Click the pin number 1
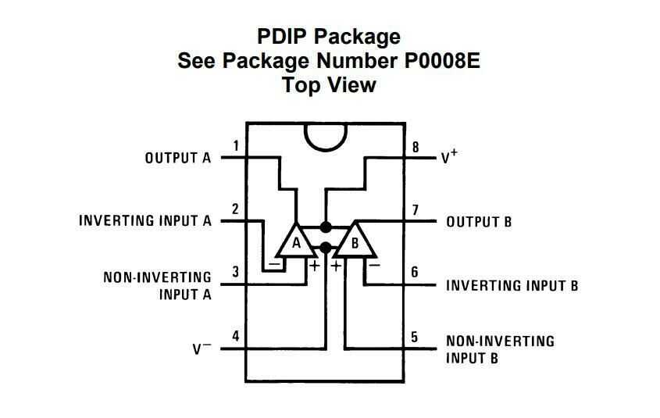(x=237, y=145)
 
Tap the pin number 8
(x=416, y=146)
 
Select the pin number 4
(x=236, y=337)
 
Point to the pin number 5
(x=415, y=337)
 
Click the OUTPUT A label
(x=178, y=158)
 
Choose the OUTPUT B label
(x=479, y=222)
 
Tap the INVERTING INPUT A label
(x=145, y=221)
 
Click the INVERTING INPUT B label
(x=512, y=285)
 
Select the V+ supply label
(x=449, y=157)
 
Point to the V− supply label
(x=202, y=348)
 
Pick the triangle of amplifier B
(x=355, y=243)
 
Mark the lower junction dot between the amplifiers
(x=326, y=248)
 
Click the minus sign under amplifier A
(x=276, y=266)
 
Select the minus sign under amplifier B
(x=374, y=266)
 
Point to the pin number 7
(x=416, y=209)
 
